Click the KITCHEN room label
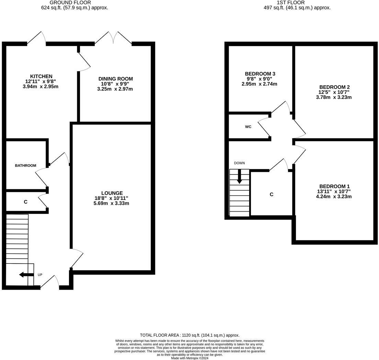(x=41, y=76)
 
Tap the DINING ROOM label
(x=116, y=79)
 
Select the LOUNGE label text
(x=112, y=193)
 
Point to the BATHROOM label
(x=26, y=166)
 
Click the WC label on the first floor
(x=248, y=127)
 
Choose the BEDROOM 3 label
(x=260, y=74)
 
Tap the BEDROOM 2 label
(x=334, y=87)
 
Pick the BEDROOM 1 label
(x=334, y=186)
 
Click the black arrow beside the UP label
(x=26, y=274)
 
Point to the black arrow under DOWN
(x=239, y=176)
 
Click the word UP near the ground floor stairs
(x=40, y=275)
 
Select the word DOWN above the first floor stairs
(x=239, y=163)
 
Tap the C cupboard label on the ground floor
(x=26, y=202)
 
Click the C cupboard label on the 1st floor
(x=272, y=194)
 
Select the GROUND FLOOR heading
(x=70, y=3)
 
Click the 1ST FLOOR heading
(x=291, y=3)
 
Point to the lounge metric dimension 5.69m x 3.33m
(x=112, y=203)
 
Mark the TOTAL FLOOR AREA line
(x=190, y=335)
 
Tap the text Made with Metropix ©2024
(x=190, y=358)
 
